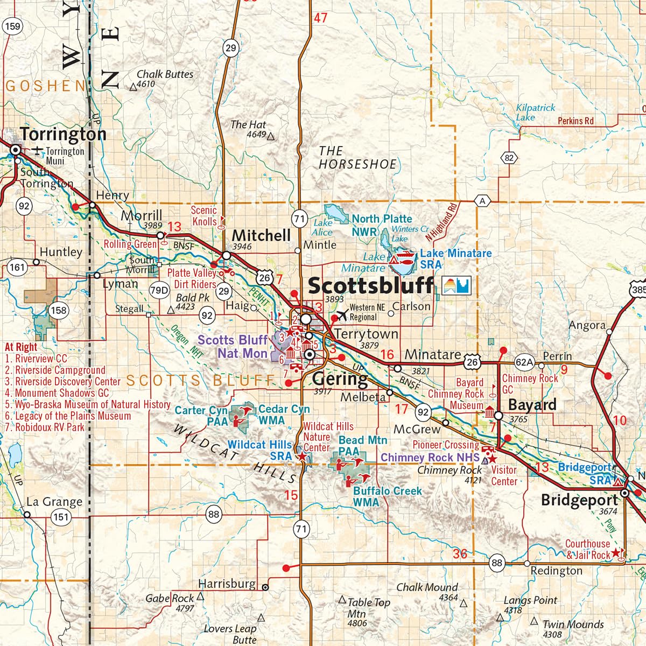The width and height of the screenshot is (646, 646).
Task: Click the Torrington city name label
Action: (x=63, y=134)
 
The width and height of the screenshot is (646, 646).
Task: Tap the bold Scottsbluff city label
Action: (x=370, y=285)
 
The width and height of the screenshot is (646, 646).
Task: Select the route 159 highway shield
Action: (x=12, y=26)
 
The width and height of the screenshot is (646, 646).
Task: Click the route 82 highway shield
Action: (x=509, y=158)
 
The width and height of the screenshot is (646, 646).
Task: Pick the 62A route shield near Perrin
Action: (x=524, y=363)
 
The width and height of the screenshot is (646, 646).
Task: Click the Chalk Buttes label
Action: (x=165, y=74)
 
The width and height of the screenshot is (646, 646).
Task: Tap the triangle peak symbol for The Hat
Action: (x=271, y=136)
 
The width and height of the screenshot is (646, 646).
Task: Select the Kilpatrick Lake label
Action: (x=535, y=112)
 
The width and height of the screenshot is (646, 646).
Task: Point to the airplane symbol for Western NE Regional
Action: (x=341, y=314)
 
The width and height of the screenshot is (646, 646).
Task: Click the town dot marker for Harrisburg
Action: (x=265, y=587)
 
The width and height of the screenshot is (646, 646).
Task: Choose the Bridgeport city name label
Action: (x=579, y=501)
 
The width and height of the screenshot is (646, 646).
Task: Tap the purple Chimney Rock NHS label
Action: (x=430, y=458)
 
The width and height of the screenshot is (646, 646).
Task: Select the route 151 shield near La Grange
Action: (x=61, y=517)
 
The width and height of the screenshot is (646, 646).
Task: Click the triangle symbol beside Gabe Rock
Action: (x=200, y=596)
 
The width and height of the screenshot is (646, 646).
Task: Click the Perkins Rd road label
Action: (x=575, y=121)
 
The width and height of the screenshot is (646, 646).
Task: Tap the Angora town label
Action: (x=587, y=325)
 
